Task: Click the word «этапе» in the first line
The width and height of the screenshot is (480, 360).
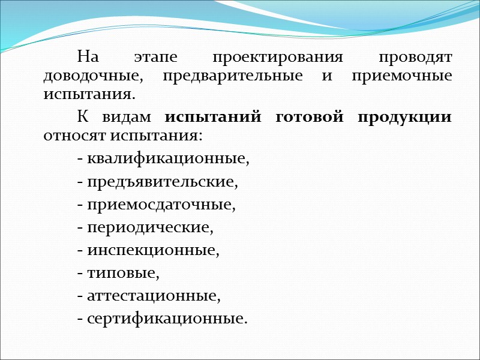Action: point(155,59)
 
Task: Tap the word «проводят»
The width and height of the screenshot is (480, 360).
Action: point(415,59)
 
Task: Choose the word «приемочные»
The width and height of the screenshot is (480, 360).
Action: point(398,77)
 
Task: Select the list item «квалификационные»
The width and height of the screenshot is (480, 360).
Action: point(167,159)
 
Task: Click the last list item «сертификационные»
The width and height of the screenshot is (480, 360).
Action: point(166,319)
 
